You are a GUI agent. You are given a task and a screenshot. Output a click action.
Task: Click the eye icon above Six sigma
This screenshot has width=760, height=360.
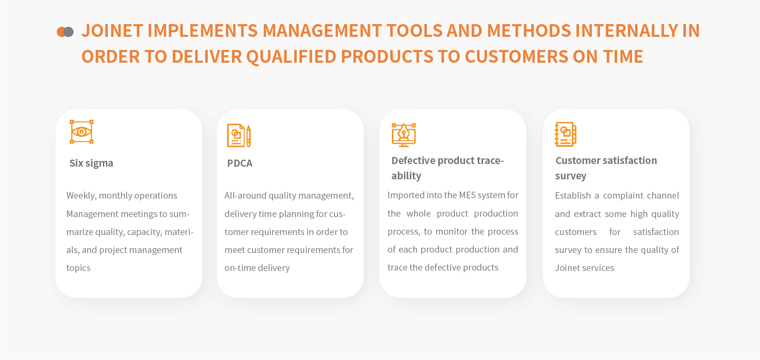(x=82, y=132)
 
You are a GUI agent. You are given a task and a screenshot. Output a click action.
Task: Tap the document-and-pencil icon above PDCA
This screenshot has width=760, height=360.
(x=239, y=135)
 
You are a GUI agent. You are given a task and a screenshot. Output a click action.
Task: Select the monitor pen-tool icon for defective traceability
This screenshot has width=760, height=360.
(x=404, y=135)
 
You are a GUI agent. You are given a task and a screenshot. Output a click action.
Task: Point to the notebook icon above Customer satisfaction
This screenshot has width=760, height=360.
(x=565, y=134)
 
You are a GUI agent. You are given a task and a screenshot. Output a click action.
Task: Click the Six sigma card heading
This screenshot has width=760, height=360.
(x=91, y=163)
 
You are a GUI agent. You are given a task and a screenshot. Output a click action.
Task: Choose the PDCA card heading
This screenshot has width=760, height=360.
(x=240, y=163)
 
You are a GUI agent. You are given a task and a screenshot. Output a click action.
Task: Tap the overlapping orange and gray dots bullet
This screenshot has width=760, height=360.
(x=65, y=32)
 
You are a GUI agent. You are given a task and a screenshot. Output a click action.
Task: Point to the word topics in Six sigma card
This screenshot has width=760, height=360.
(x=78, y=268)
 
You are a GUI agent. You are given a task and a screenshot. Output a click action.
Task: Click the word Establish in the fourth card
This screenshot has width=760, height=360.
(x=573, y=196)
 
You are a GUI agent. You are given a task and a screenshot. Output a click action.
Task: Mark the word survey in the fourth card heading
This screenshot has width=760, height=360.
(x=571, y=176)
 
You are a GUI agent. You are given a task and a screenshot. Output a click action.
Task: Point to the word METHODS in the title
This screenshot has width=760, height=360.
(x=529, y=31)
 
